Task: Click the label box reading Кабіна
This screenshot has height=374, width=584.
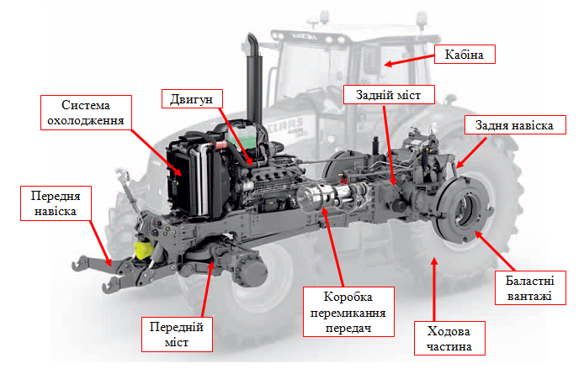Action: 465,55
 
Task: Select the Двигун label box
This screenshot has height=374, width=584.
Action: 192,99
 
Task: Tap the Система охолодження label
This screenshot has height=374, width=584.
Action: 86,113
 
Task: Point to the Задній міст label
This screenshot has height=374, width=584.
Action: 389,94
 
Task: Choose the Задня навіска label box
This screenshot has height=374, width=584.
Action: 515,125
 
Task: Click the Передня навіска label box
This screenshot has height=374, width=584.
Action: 56,203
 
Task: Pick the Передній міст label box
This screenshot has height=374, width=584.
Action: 177,334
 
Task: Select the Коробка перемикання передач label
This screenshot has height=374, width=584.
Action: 348,312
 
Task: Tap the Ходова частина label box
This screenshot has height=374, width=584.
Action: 449,338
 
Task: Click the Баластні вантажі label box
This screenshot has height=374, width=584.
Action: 530,288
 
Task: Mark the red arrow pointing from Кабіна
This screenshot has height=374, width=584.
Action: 409,61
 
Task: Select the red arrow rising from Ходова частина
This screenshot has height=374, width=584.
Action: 434,289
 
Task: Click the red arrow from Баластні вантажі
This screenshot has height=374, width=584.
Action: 495,250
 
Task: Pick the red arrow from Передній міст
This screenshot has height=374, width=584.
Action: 207,289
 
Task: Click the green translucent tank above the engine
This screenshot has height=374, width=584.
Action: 242,139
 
